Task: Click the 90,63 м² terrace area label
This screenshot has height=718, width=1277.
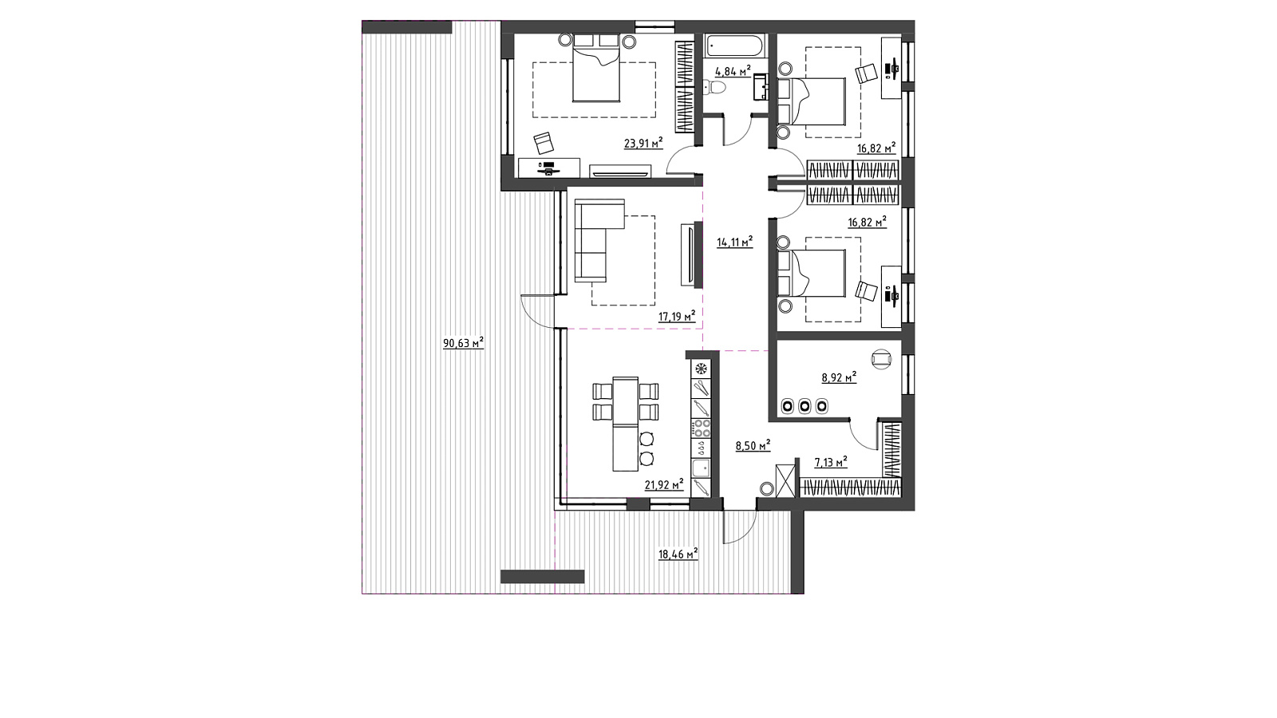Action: pyautogui.click(x=464, y=343)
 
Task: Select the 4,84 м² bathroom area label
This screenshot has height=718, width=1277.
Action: pyautogui.click(x=733, y=71)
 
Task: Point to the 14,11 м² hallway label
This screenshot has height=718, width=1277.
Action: pyautogui.click(x=735, y=243)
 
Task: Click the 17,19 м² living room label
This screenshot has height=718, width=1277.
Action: pyautogui.click(x=678, y=316)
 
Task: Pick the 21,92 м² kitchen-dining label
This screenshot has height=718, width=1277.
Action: pyautogui.click(x=664, y=485)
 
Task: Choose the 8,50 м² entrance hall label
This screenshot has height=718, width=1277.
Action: pyautogui.click(x=753, y=445)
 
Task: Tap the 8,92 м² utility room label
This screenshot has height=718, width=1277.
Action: pyautogui.click(x=839, y=377)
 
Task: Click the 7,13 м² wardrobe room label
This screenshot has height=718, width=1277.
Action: pyautogui.click(x=831, y=462)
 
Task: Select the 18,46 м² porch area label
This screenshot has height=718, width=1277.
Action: pyautogui.click(x=678, y=554)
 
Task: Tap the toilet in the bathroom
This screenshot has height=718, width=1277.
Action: pyautogui.click(x=715, y=87)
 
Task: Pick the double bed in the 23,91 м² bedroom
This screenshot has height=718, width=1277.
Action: pyautogui.click(x=596, y=68)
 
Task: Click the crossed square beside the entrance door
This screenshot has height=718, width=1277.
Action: pyautogui.click(x=785, y=482)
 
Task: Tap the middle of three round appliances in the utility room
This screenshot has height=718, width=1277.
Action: pyautogui.click(x=805, y=406)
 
